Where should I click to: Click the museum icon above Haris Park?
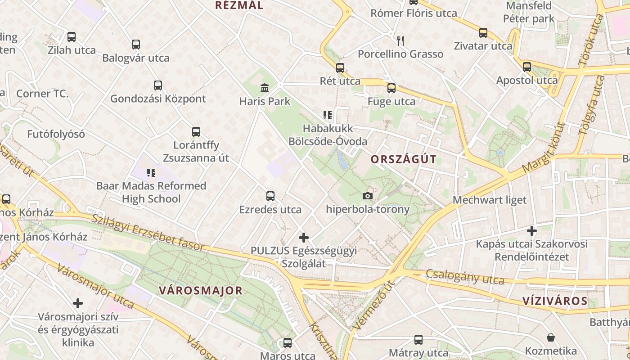click(265, 88)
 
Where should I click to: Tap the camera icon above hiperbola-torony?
click(368, 196)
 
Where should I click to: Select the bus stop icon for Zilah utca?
click(72, 37)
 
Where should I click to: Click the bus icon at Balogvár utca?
click(136, 45)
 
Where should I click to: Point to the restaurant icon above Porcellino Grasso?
click(400, 41)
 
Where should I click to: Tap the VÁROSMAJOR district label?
click(201, 291)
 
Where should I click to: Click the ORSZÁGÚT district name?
click(404, 159)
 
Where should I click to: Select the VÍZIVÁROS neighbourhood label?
click(555, 301)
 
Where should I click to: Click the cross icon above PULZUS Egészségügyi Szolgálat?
click(304, 237)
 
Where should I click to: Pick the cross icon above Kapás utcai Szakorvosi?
click(532, 231)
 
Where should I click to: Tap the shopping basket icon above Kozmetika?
click(551, 337)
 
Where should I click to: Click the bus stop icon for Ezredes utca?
click(270, 196)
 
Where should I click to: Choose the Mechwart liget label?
click(490, 200)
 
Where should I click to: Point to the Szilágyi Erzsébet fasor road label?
click(148, 232)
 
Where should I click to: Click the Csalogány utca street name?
click(465, 276)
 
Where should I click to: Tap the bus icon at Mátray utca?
click(418, 340)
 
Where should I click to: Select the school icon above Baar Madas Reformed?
click(151, 172)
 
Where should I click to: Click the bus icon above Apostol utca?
click(527, 67)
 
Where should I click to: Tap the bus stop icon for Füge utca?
click(391, 88)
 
